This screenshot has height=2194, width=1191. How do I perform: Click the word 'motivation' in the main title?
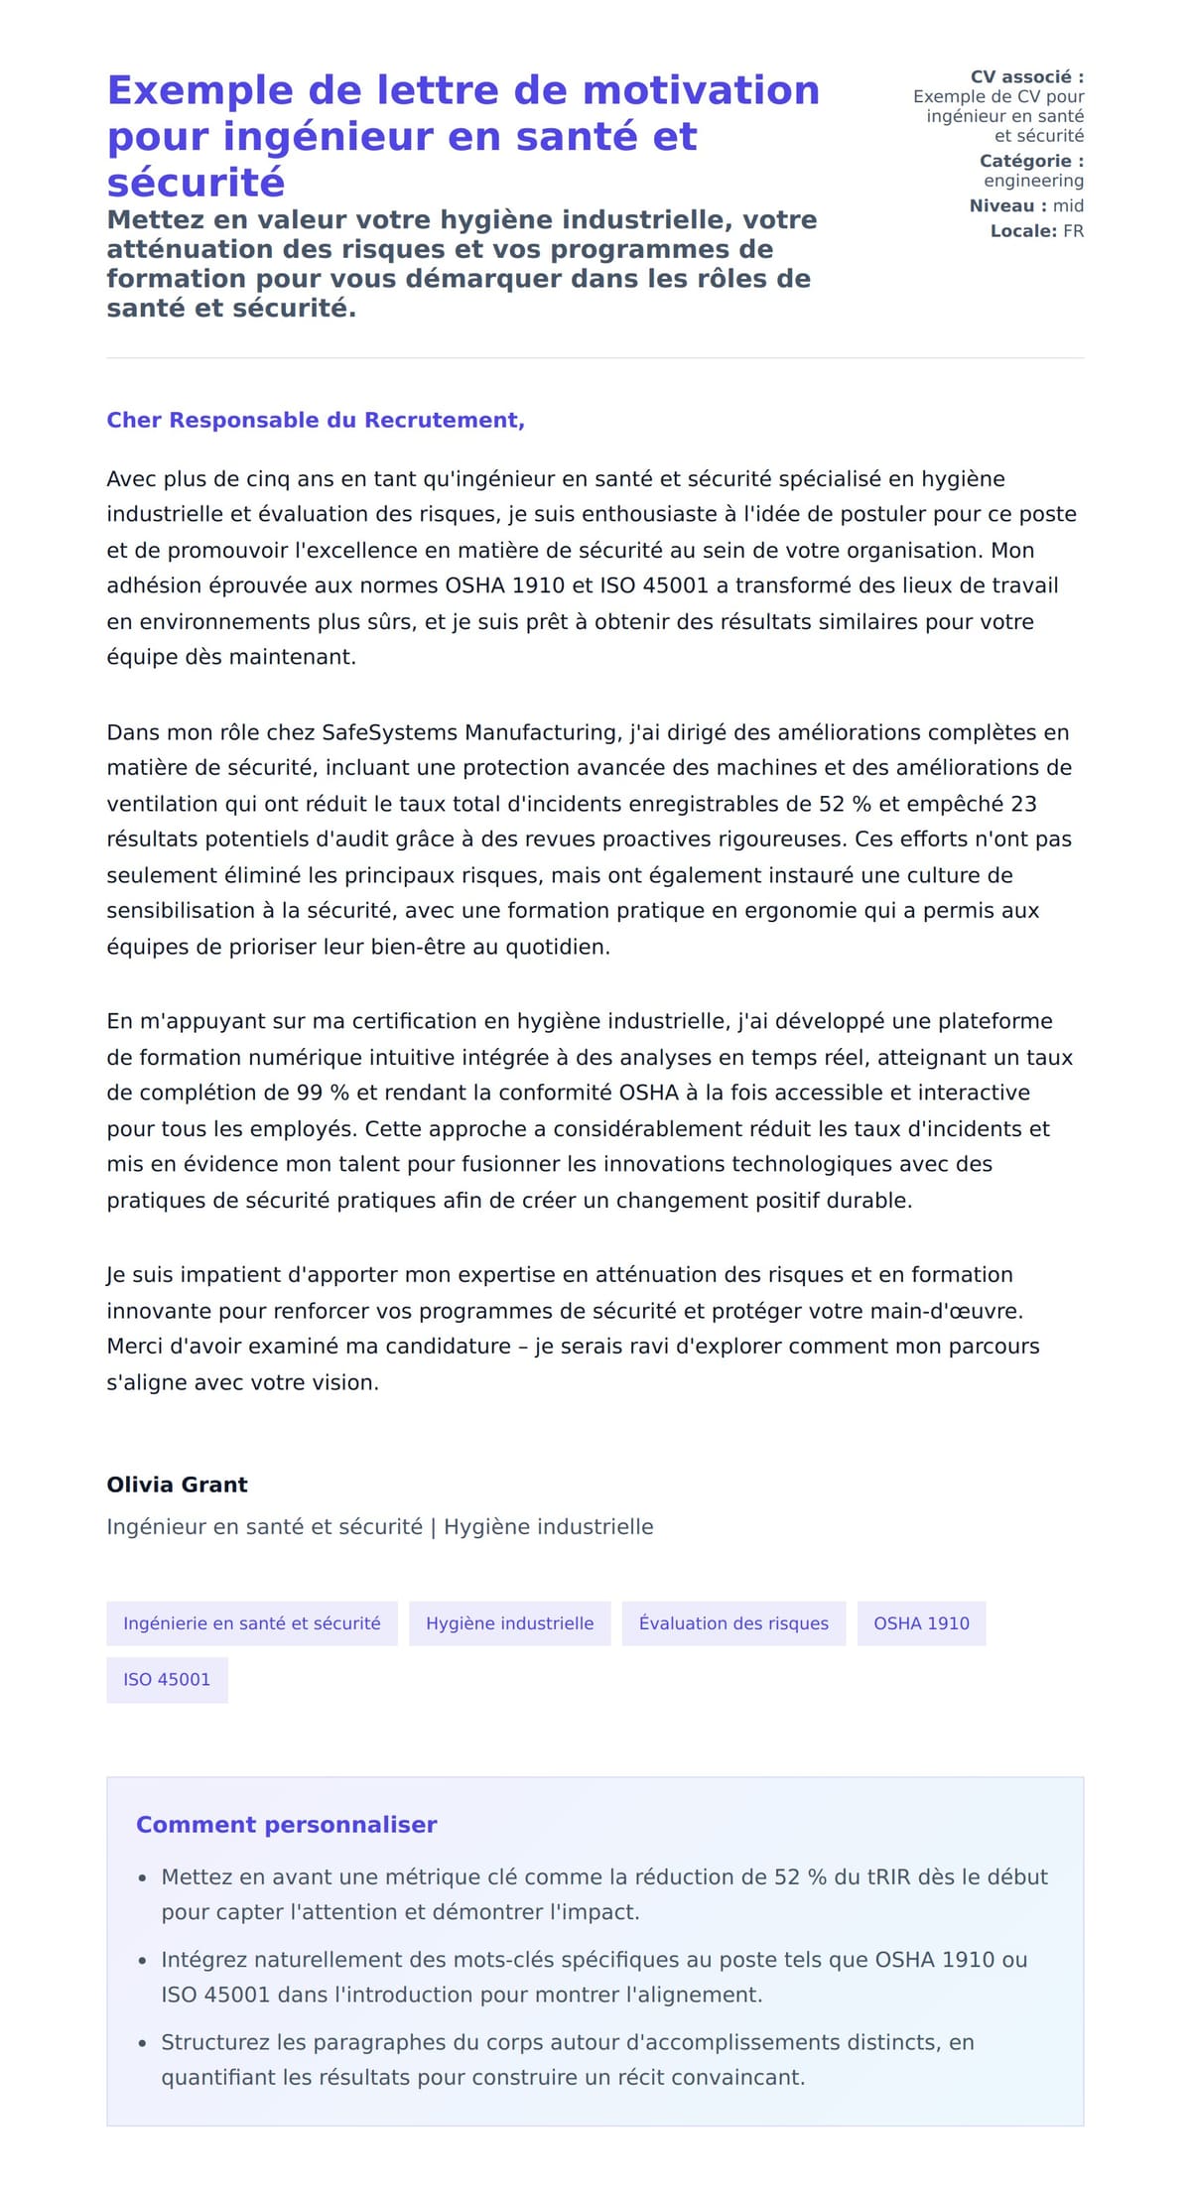701,90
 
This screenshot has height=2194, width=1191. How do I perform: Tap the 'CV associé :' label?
1026,76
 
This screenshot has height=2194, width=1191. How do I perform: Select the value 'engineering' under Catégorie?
1033,181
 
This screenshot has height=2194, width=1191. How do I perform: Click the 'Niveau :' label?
1007,205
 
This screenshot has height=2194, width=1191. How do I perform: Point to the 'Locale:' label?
1022,231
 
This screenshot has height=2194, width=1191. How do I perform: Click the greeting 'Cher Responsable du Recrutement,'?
316,420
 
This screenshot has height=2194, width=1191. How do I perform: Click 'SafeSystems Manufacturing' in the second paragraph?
471,732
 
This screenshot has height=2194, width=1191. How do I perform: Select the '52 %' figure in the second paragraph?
845,804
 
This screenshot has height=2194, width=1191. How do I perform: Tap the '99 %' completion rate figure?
324,1093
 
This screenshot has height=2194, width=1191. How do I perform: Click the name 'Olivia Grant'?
177,1484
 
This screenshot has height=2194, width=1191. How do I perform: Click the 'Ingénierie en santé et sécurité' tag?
252,1623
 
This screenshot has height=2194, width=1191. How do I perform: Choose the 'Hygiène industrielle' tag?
509,1623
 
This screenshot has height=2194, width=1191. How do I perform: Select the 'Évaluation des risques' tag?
733,1623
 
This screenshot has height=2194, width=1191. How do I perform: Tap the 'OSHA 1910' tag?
921,1623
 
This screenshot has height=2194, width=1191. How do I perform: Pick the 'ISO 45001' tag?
167,1679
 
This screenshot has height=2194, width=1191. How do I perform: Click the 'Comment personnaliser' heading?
286,1824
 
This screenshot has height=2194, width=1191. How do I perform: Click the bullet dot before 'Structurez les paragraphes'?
143,2043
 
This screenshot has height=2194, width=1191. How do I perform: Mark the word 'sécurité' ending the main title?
197,183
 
